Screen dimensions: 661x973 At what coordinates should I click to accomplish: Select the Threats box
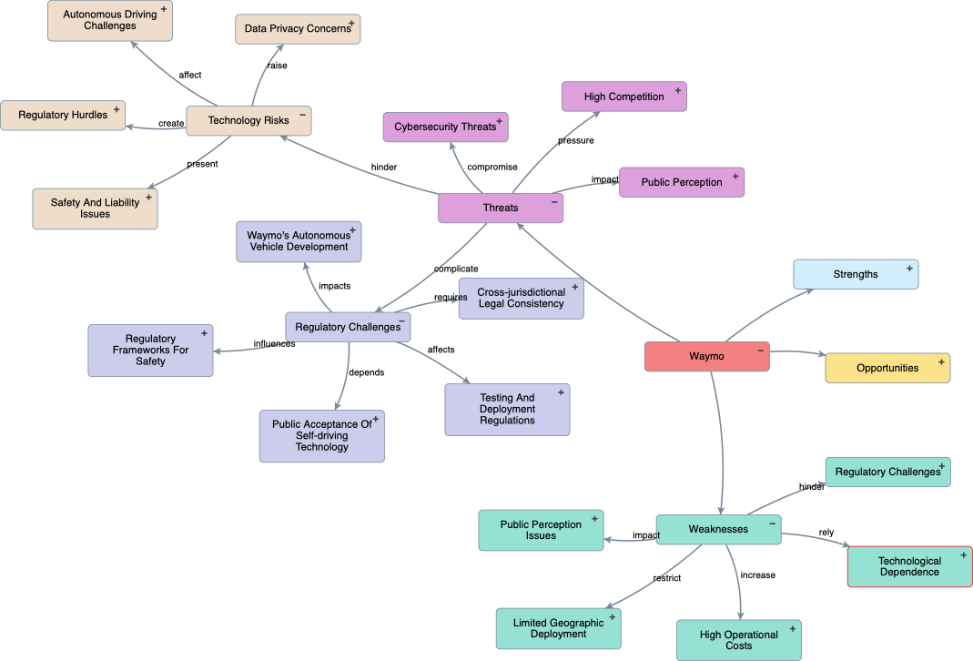(500, 208)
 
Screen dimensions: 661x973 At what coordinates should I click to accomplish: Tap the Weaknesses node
(718, 529)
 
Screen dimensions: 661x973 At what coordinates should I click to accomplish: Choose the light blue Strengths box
(855, 274)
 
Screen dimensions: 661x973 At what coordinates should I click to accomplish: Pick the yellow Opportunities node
(887, 368)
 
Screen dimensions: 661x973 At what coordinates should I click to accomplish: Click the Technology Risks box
(248, 120)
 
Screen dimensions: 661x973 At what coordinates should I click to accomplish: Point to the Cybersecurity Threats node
(445, 127)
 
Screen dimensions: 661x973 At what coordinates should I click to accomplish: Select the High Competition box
(623, 97)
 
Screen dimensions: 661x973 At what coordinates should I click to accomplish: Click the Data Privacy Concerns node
(297, 29)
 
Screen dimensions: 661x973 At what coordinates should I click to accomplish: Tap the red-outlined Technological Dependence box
(909, 566)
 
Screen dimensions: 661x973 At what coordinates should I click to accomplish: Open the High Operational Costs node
(738, 640)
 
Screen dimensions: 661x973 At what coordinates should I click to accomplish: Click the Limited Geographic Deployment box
(558, 628)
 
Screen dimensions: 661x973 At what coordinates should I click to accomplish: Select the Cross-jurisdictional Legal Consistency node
(521, 298)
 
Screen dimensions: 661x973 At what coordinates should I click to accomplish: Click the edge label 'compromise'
(492, 167)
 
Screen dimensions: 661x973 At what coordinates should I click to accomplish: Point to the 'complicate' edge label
(456, 269)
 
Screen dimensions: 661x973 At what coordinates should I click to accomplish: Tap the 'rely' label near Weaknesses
(826, 533)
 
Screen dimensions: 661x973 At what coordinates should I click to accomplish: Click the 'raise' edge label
(277, 66)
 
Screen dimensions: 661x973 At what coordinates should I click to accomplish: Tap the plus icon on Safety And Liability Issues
(148, 196)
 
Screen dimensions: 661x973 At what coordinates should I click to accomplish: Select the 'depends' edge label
(367, 371)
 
